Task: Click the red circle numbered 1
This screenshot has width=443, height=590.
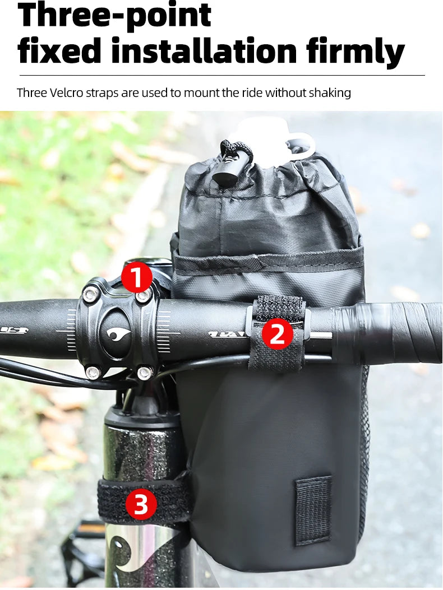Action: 136,278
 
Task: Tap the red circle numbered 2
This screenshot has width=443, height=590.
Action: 277,334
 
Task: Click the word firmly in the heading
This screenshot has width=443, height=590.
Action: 355,53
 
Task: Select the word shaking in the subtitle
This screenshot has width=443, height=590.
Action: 330,93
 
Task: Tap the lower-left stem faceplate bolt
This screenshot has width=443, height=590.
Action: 93,373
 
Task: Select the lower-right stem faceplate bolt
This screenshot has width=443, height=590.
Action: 144,373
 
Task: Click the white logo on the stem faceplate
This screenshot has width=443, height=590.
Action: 118,335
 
